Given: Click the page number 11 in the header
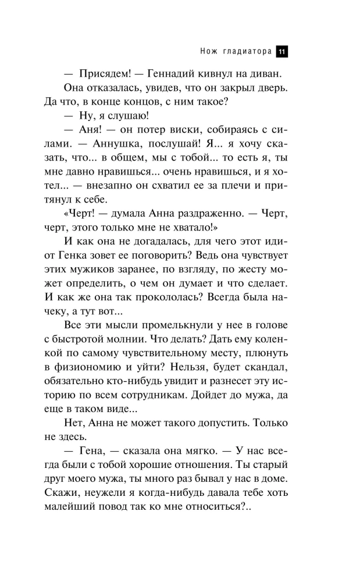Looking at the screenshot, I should [x=281, y=51].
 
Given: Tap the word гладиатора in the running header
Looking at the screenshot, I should [x=247, y=51].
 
